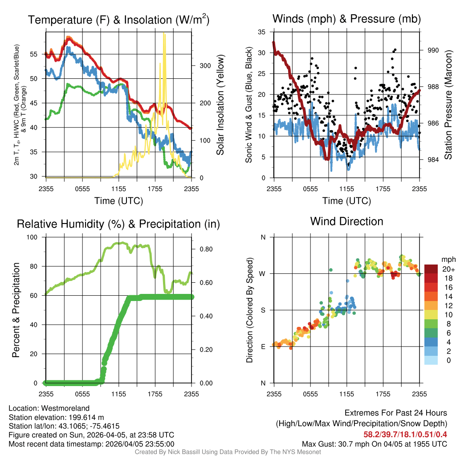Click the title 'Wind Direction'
(346, 221)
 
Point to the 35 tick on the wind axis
(262, 32)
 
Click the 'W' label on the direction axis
(263, 273)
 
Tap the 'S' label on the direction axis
(263, 310)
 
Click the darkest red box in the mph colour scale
(431, 269)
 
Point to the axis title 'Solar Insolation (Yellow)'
(220, 105)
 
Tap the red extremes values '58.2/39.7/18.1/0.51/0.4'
(405, 434)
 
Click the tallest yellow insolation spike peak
(164, 33)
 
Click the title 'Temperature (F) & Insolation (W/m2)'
(118, 20)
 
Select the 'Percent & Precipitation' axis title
(16, 310)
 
